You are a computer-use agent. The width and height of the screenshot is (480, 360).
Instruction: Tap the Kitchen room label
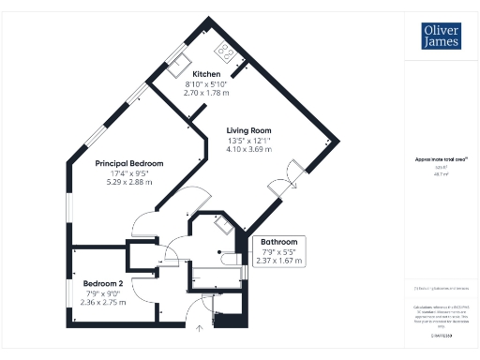point(206,74)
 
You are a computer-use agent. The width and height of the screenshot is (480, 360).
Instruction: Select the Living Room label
point(248,131)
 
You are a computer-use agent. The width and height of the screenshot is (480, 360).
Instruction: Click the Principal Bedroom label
point(129,163)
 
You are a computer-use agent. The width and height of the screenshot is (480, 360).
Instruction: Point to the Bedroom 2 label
point(102,283)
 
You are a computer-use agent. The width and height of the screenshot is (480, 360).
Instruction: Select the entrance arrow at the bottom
point(199,327)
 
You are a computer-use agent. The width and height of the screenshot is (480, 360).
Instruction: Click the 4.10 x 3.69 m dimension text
point(248,149)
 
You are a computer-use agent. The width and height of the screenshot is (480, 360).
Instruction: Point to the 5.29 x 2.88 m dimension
point(129,182)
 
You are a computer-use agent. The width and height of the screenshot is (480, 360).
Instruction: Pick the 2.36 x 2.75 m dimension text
point(102,302)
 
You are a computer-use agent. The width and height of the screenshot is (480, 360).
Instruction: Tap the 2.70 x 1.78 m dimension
point(206,93)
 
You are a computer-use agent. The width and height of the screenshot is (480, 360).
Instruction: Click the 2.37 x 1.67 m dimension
point(278,261)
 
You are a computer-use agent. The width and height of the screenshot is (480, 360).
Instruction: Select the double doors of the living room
point(289,174)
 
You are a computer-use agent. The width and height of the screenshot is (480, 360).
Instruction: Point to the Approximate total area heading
point(434,159)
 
